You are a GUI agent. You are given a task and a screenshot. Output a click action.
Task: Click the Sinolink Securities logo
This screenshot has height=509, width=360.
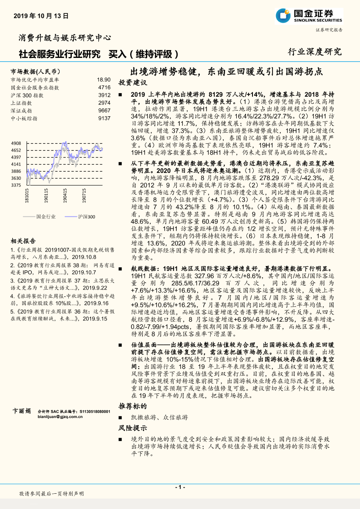click(x=309, y=16)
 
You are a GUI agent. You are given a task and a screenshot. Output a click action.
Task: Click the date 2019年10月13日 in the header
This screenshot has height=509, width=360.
click(x=41, y=16)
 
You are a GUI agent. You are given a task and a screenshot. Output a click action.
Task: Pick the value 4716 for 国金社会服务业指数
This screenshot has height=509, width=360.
click(x=104, y=87)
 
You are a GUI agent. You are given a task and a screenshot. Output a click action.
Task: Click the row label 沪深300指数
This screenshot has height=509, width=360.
click(x=27, y=95)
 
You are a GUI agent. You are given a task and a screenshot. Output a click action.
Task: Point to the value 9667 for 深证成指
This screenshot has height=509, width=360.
click(x=104, y=111)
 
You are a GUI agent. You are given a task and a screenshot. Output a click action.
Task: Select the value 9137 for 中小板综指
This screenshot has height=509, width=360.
click(x=104, y=118)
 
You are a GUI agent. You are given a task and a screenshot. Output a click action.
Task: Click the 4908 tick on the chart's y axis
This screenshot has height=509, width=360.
click(x=16, y=143)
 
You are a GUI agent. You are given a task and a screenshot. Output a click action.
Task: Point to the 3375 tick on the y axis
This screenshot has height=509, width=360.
click(x=16, y=185)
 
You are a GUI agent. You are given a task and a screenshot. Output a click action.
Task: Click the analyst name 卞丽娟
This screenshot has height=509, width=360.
click(x=22, y=411)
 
